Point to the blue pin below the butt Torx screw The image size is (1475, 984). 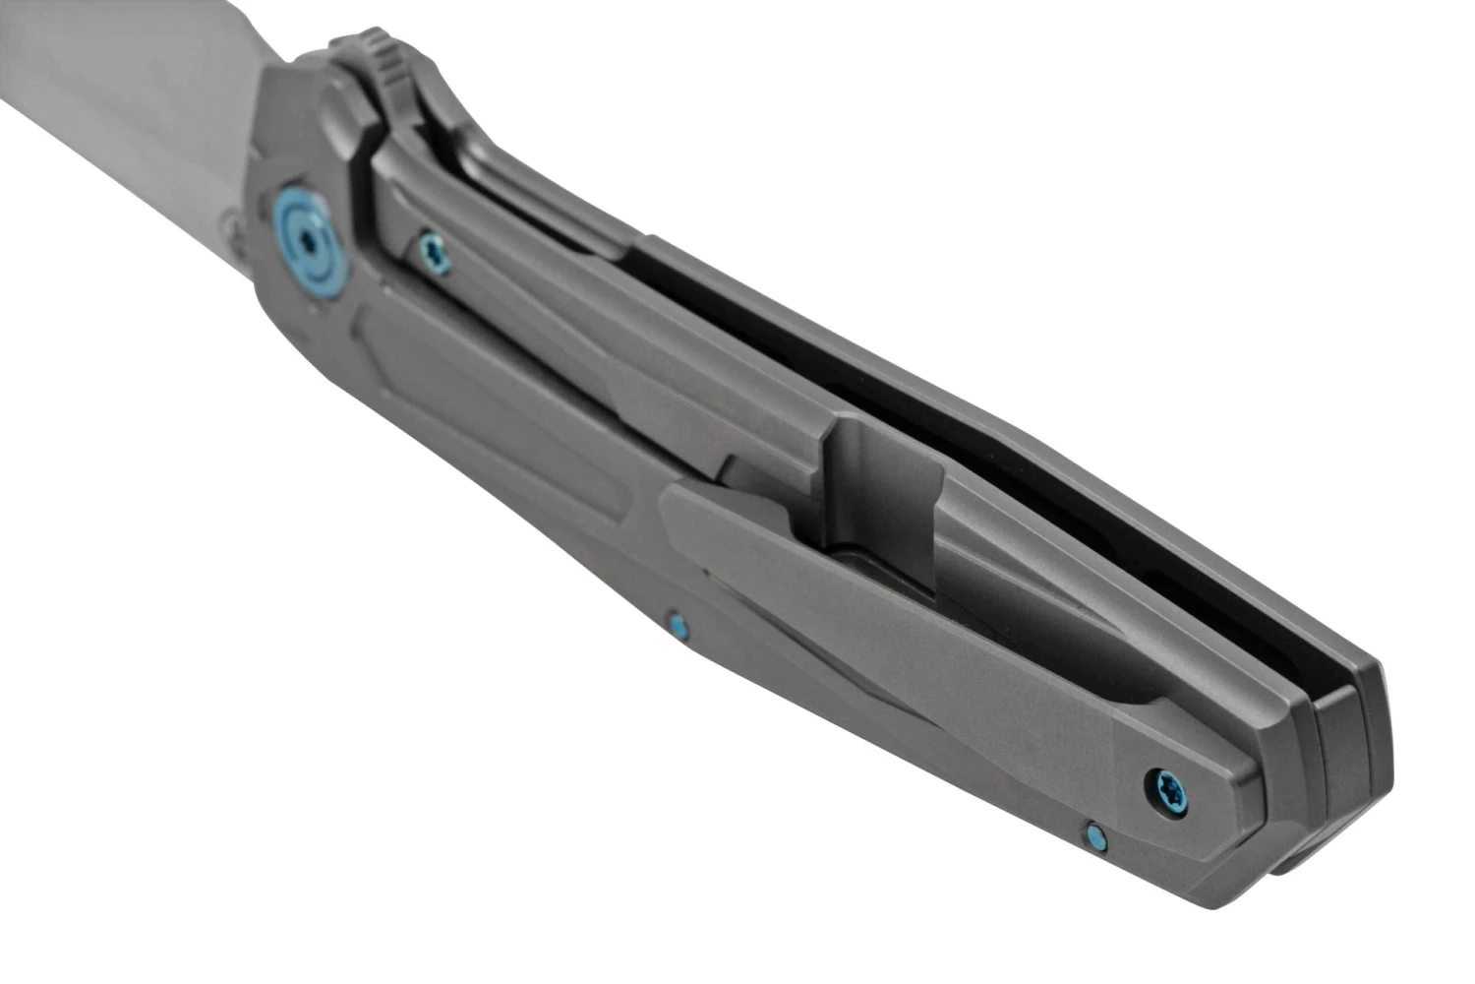1094,835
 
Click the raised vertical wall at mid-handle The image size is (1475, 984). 885,492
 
